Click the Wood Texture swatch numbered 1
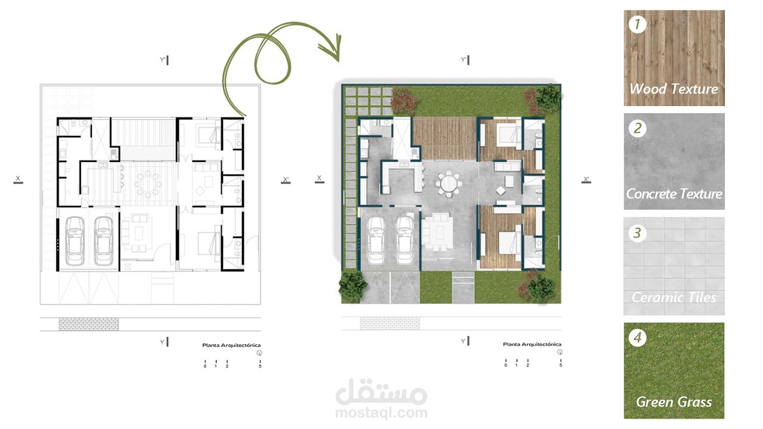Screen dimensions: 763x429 (674, 58)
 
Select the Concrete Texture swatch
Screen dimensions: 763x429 (674, 161)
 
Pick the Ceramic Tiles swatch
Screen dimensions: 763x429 (674, 266)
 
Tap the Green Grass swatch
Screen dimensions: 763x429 (674, 371)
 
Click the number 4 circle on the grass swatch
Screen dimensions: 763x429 (637, 338)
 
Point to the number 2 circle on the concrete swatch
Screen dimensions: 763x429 (637, 128)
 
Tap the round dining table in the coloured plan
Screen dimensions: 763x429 (449, 184)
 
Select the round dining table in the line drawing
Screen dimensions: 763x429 (148, 185)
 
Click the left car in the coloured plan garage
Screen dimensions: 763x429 (376, 240)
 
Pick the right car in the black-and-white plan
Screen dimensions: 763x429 (104, 241)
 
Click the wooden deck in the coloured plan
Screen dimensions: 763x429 (444, 139)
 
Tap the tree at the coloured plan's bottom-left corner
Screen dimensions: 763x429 (353, 285)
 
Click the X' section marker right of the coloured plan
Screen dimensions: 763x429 (586, 180)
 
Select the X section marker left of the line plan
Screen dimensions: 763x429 (18, 179)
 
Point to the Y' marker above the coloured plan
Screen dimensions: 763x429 (466, 60)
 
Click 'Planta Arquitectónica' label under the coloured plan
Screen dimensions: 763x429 (532, 344)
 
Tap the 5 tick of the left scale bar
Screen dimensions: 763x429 (260, 364)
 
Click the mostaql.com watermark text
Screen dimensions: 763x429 (381, 413)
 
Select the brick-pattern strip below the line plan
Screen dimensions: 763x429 (89, 324)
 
